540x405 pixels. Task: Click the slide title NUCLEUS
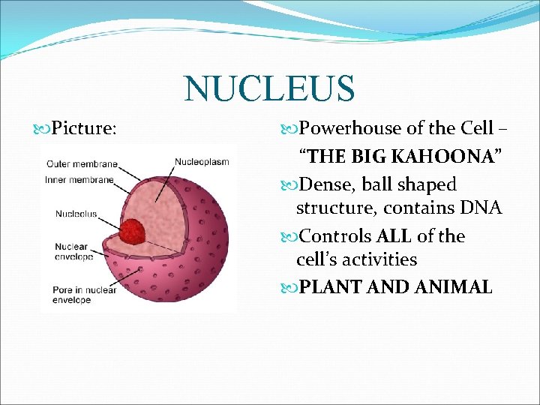pyautogui.click(x=269, y=88)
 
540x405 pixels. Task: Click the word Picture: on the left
pyautogui.click(x=85, y=129)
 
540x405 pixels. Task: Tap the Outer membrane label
pyautogui.click(x=82, y=164)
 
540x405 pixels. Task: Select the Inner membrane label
pyautogui.click(x=79, y=179)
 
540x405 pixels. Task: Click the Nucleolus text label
pyautogui.click(x=76, y=214)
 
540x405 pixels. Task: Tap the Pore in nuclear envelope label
pyautogui.click(x=85, y=295)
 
